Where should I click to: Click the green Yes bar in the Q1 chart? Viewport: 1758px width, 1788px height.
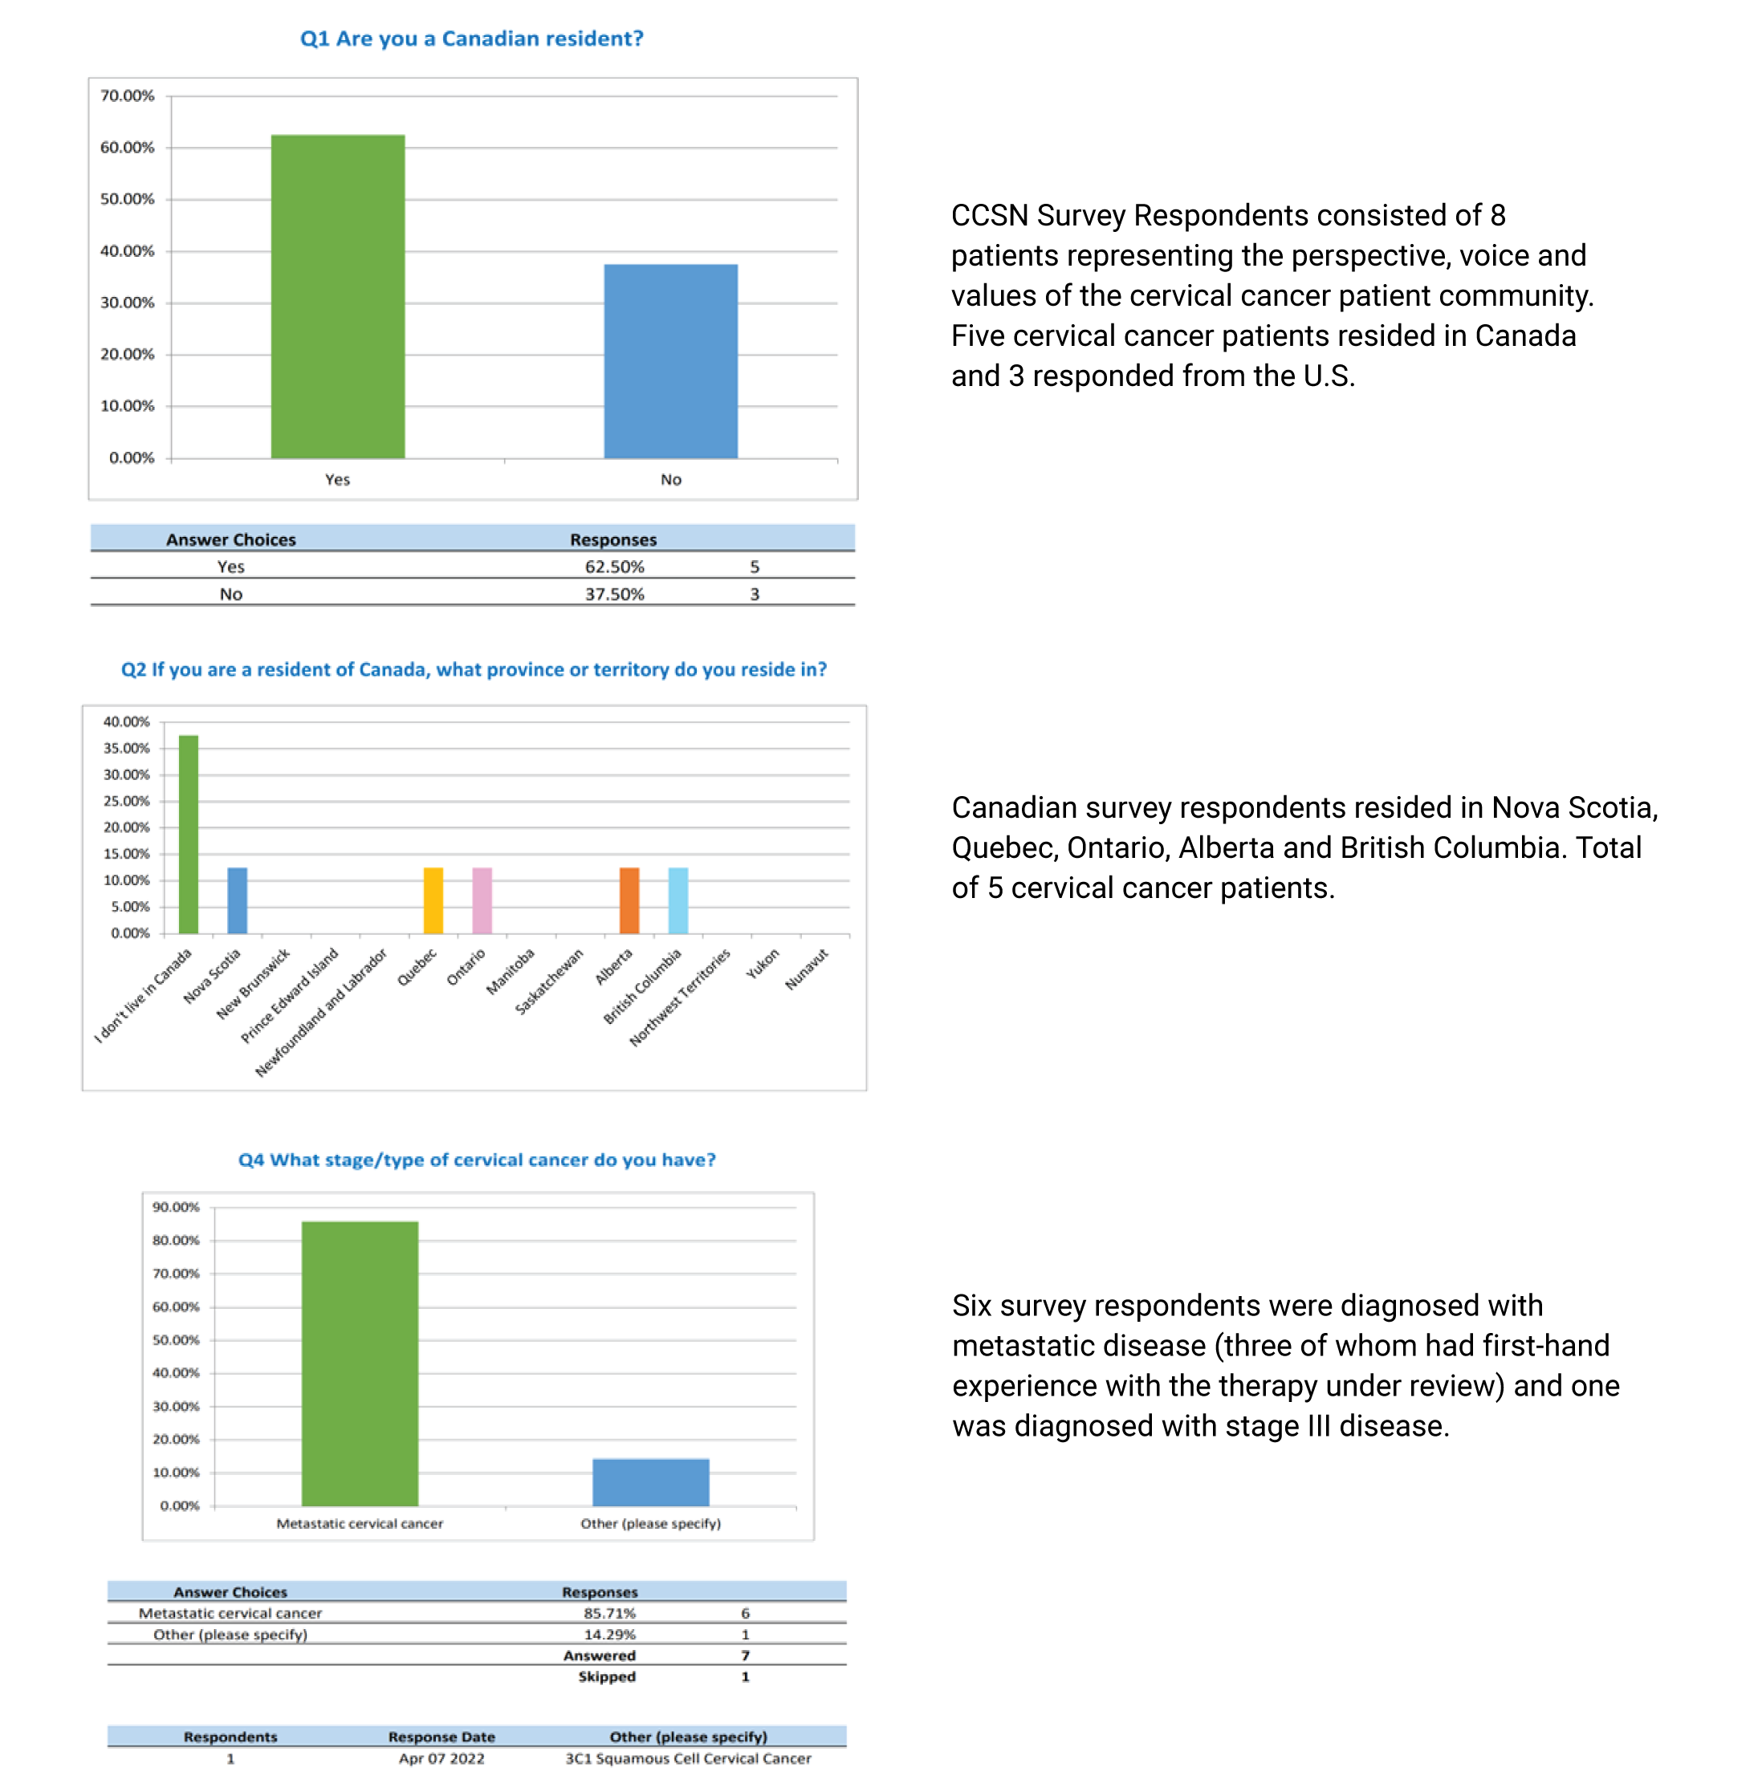tap(337, 296)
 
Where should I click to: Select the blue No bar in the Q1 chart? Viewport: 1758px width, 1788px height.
tap(670, 361)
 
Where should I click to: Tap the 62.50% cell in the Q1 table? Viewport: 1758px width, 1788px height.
tap(614, 567)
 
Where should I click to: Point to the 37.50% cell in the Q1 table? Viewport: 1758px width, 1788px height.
tap(614, 595)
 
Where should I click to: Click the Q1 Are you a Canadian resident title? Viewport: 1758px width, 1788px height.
tap(471, 39)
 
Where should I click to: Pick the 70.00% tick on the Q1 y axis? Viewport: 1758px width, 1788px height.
tap(128, 96)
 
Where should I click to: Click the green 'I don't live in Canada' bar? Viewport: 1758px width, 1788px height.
tap(189, 835)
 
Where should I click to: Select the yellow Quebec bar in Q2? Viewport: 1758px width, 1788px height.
tap(433, 901)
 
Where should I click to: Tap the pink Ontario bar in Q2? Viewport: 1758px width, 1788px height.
tap(482, 901)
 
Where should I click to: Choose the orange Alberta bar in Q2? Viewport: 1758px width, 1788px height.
tap(629, 901)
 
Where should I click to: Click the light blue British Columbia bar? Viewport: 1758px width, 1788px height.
tap(678, 901)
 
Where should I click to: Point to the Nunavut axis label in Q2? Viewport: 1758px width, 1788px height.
tap(806, 969)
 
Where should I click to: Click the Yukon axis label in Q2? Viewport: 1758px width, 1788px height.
tap(763, 964)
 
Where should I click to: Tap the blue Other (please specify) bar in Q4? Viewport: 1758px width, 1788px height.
tap(650, 1481)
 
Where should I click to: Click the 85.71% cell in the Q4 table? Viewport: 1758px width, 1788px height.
tap(609, 1614)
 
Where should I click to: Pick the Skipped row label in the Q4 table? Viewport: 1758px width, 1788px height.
tap(607, 1677)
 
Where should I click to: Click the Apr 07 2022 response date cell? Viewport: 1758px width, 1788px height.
tap(442, 1759)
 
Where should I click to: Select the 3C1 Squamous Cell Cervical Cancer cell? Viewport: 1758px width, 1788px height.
tap(688, 1759)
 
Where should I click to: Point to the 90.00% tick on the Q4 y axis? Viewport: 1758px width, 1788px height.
tap(176, 1208)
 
